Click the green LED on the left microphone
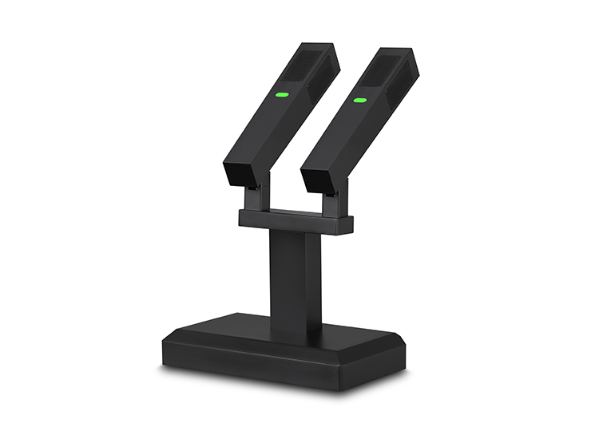(281, 94)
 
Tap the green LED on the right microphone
(359, 101)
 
